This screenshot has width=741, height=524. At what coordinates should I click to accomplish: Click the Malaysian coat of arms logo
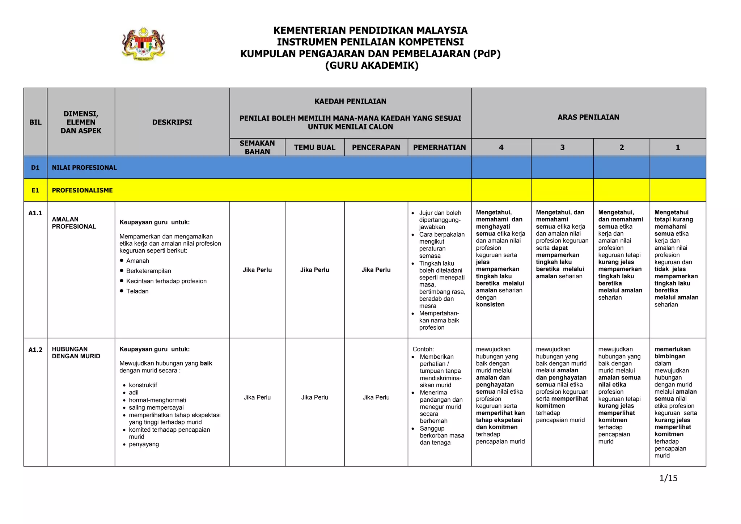[143, 44]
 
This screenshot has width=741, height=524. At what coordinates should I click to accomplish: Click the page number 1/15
[668, 478]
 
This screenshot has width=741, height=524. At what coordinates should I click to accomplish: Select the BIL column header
[35, 122]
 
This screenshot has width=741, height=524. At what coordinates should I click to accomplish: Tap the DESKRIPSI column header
[172, 122]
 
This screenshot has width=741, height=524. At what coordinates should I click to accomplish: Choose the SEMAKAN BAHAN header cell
[257, 147]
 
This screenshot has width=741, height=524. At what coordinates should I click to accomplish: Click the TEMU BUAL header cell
[314, 147]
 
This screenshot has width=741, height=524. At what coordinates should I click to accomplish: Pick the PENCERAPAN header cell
[376, 147]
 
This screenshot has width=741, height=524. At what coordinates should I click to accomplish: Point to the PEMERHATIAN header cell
[439, 147]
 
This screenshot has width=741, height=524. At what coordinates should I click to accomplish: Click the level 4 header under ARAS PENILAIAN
[501, 147]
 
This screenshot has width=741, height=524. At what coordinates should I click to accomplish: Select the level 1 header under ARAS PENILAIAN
[678, 147]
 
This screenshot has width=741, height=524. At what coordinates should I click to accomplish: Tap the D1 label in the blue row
[35, 168]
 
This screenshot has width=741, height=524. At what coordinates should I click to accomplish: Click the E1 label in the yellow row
[35, 190]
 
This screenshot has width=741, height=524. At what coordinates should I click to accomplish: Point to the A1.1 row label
[35, 213]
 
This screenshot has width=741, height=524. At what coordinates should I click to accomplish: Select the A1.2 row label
[35, 350]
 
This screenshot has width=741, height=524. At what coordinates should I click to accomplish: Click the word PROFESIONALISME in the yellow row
[82, 190]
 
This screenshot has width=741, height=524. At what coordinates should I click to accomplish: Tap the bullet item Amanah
[137, 261]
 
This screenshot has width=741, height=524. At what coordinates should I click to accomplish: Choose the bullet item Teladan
[137, 291]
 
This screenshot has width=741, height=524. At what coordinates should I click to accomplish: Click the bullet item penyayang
[144, 444]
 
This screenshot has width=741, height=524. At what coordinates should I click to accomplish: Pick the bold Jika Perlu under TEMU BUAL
[314, 270]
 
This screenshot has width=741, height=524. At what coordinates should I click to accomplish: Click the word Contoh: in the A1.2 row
[423, 349]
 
